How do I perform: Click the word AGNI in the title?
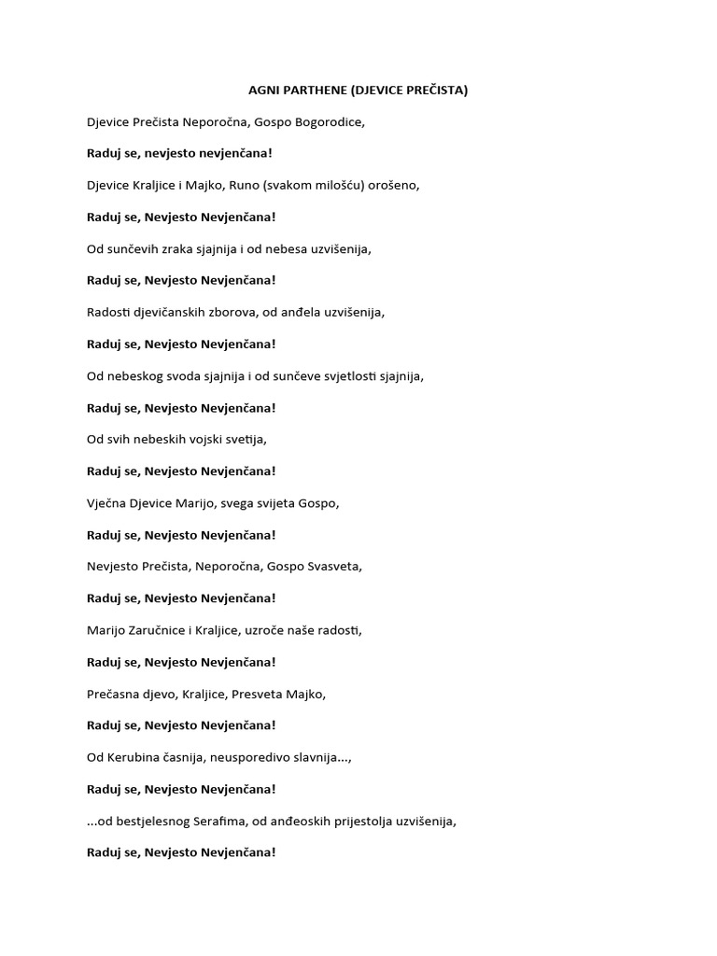[x=263, y=91]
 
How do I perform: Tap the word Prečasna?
[x=112, y=694]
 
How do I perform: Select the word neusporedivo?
[x=246, y=757]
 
